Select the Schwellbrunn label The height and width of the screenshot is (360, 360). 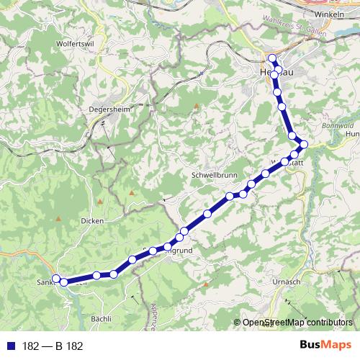point(211,175)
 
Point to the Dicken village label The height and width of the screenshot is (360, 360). point(92,221)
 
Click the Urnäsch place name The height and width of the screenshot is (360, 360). point(287,282)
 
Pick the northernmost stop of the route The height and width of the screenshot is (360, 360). point(272,59)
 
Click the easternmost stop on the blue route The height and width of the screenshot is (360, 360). point(304,145)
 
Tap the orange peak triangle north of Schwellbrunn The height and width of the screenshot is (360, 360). point(196,107)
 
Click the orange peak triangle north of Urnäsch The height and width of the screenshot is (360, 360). point(207,284)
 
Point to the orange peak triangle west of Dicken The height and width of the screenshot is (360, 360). point(56,217)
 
